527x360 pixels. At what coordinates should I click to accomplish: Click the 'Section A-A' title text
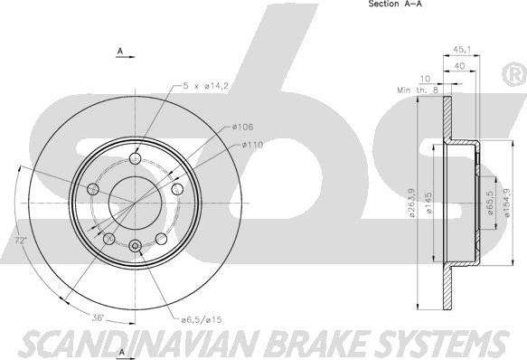[395, 4]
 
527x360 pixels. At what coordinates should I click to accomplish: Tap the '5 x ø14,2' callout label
[206, 86]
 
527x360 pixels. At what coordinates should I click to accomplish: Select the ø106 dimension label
[242, 127]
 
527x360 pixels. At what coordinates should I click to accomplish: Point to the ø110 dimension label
[251, 145]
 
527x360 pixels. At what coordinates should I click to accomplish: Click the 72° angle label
[20, 241]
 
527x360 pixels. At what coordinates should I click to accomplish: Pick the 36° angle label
[99, 317]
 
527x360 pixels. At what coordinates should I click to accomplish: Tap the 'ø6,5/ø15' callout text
[202, 319]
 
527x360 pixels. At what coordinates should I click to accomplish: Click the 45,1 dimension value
[461, 49]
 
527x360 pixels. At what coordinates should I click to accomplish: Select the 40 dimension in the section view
[459, 66]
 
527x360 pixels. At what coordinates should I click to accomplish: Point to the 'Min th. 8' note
[419, 90]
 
